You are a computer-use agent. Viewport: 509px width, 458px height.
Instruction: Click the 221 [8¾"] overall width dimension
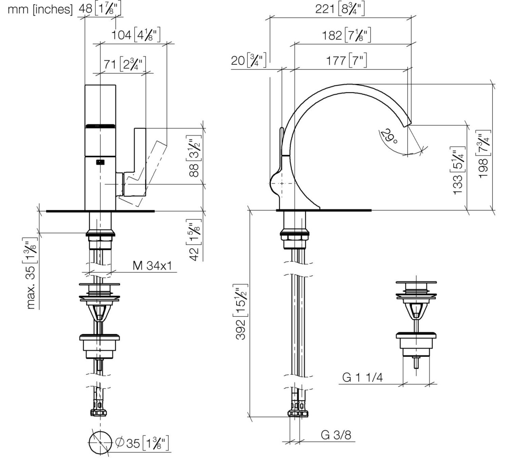coord(340,9)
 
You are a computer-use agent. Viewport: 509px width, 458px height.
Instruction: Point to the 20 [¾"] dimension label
coord(249,61)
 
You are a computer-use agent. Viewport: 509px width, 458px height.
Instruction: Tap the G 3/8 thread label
coord(336,435)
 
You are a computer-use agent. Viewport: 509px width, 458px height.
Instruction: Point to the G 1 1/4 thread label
coord(363,377)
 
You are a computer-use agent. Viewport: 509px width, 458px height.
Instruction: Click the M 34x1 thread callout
coord(152,266)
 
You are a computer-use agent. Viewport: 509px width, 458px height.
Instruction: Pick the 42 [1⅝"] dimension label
coord(194,241)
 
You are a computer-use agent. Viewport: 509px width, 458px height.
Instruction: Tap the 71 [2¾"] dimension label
coord(125,64)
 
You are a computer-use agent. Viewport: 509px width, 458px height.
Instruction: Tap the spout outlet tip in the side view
coord(408,123)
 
